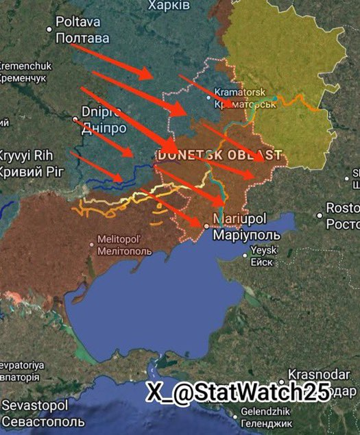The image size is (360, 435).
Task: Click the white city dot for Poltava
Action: click(x=49, y=29)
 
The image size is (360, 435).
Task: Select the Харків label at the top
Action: click(x=169, y=5)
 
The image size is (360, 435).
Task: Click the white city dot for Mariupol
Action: click(x=206, y=225)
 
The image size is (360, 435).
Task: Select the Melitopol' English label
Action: click(x=121, y=238)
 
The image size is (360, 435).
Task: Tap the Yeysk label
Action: click(x=265, y=250)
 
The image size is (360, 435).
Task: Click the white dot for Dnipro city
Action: click(x=75, y=119)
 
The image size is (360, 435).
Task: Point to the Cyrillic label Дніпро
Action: click(x=104, y=128)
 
